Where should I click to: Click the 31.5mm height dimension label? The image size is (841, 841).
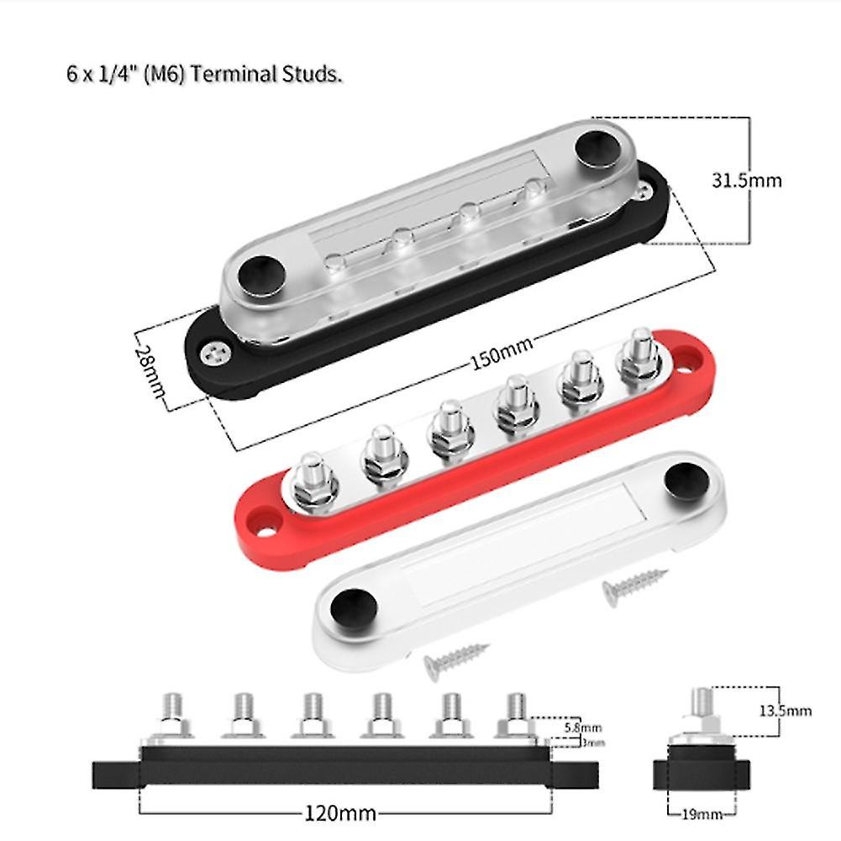click(x=746, y=181)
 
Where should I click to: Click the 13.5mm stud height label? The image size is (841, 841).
click(x=786, y=710)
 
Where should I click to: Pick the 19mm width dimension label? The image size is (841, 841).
click(x=702, y=814)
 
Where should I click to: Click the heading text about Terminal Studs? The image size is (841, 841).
click(x=204, y=74)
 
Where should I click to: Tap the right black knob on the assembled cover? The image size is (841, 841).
click(x=595, y=149)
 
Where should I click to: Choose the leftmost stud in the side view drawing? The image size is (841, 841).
click(x=172, y=712)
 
